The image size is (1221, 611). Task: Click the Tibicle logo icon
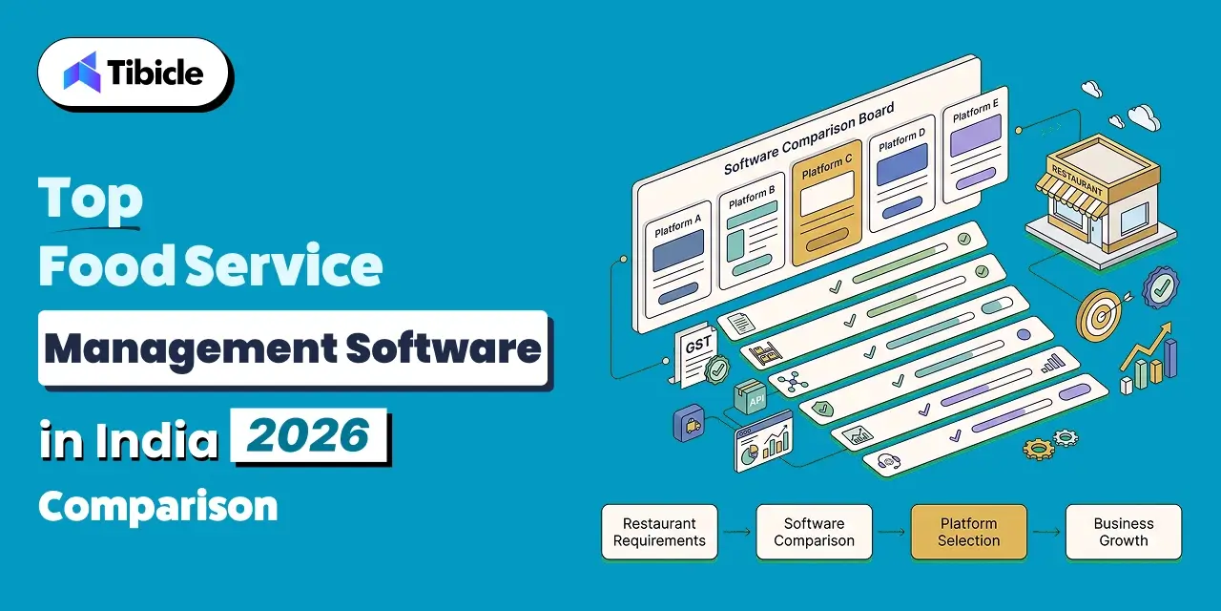[x=82, y=72]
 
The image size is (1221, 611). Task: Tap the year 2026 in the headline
[x=308, y=435]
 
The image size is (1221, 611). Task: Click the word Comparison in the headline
[x=158, y=507]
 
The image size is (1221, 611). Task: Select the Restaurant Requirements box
[x=659, y=532]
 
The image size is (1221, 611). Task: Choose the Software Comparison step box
[x=815, y=532]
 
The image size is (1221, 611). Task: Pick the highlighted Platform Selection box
[x=969, y=532]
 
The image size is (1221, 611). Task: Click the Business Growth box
[x=1124, y=532]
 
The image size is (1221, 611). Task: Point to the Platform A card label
[x=677, y=226]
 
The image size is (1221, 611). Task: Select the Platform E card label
[x=976, y=110]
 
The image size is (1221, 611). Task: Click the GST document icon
[x=696, y=354]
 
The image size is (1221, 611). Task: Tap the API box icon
[x=751, y=397]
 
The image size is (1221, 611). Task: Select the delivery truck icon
[x=690, y=423]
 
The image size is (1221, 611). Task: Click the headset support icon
[x=889, y=461]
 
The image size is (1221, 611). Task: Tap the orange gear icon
[x=1038, y=449]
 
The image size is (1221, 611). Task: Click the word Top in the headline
[x=91, y=199]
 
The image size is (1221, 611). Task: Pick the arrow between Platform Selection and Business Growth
[x=1046, y=532]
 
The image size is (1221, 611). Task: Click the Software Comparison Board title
[x=809, y=138]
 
